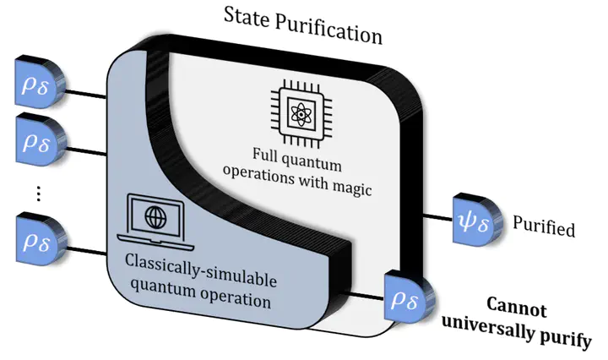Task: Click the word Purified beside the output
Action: coord(544,228)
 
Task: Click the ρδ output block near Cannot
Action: coord(408,297)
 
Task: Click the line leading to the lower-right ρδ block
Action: coord(364,296)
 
